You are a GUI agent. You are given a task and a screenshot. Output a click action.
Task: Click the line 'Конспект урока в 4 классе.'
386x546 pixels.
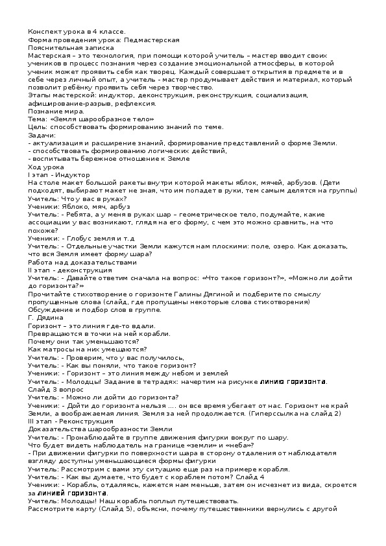point(77,32)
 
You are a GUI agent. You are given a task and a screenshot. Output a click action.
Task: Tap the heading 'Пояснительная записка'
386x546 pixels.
point(71,47)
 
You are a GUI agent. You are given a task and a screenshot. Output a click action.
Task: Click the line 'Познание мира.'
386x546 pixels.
point(53,111)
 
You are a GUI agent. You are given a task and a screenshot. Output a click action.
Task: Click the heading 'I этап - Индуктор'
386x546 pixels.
point(59,174)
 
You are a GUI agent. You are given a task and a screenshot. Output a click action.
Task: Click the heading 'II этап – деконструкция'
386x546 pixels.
point(67,270)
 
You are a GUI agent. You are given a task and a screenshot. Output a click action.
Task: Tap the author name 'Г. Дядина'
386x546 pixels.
point(46,318)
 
